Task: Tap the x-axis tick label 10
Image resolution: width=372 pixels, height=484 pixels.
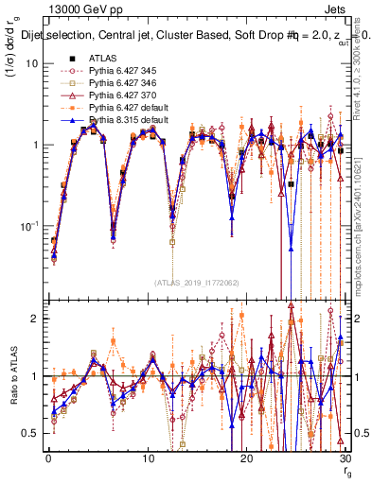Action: point(148,457)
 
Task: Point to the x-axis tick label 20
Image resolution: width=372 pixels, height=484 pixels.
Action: point(246,457)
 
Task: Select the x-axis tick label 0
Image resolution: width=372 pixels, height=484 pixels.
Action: point(48,457)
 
